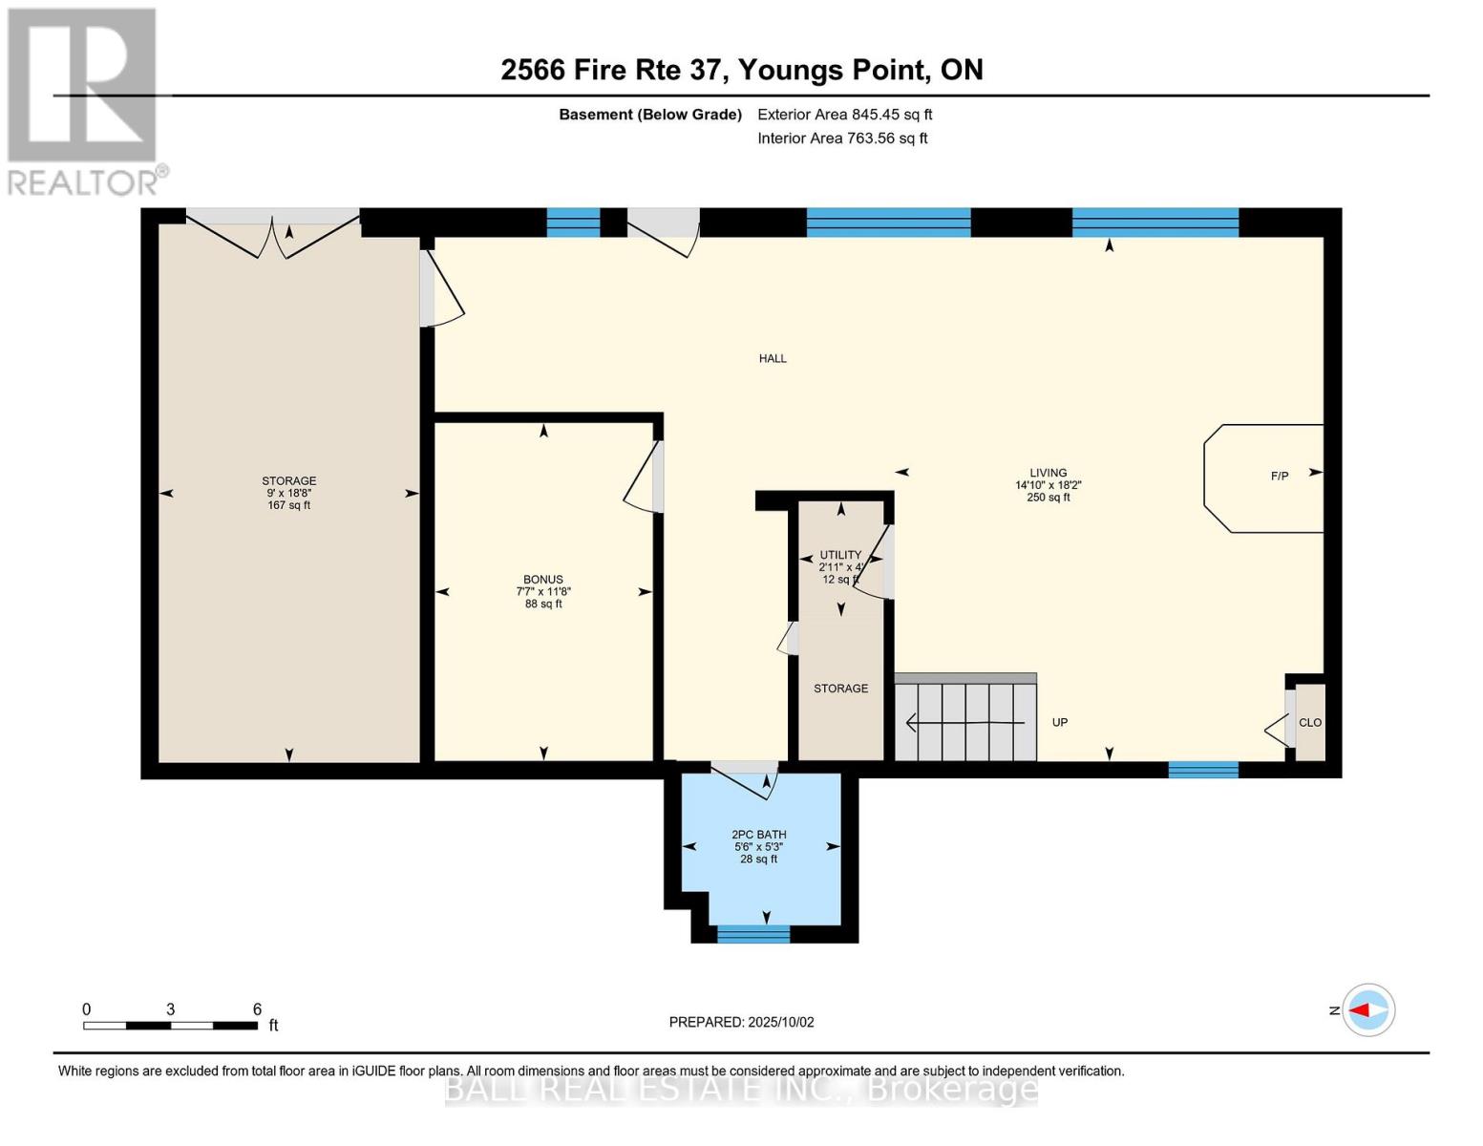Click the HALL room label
click(x=773, y=358)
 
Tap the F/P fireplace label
click(x=1279, y=476)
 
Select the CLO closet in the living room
click(x=1310, y=722)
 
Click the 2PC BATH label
click(x=758, y=834)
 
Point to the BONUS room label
click(x=542, y=579)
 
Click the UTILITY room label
click(x=840, y=555)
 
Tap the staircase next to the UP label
click(x=964, y=722)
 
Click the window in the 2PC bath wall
click(x=753, y=934)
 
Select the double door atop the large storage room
click(x=273, y=233)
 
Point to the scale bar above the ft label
click(x=170, y=1026)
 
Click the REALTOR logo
click(x=84, y=100)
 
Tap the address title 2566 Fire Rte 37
click(x=741, y=70)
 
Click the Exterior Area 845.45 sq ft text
click(x=844, y=115)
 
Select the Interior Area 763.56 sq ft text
click(x=842, y=138)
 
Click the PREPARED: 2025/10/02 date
click(x=741, y=1022)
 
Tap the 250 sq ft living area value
click(x=1048, y=498)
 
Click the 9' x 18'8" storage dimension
click(x=288, y=493)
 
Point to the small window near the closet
click(x=1203, y=770)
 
